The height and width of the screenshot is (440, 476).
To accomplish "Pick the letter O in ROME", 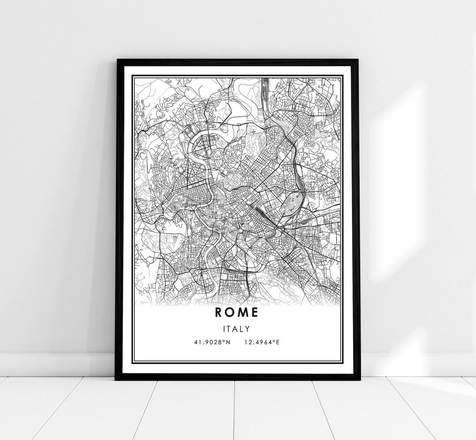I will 231,312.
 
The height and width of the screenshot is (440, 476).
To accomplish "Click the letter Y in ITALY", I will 249,329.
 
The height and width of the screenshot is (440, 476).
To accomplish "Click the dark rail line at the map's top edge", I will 265,88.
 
